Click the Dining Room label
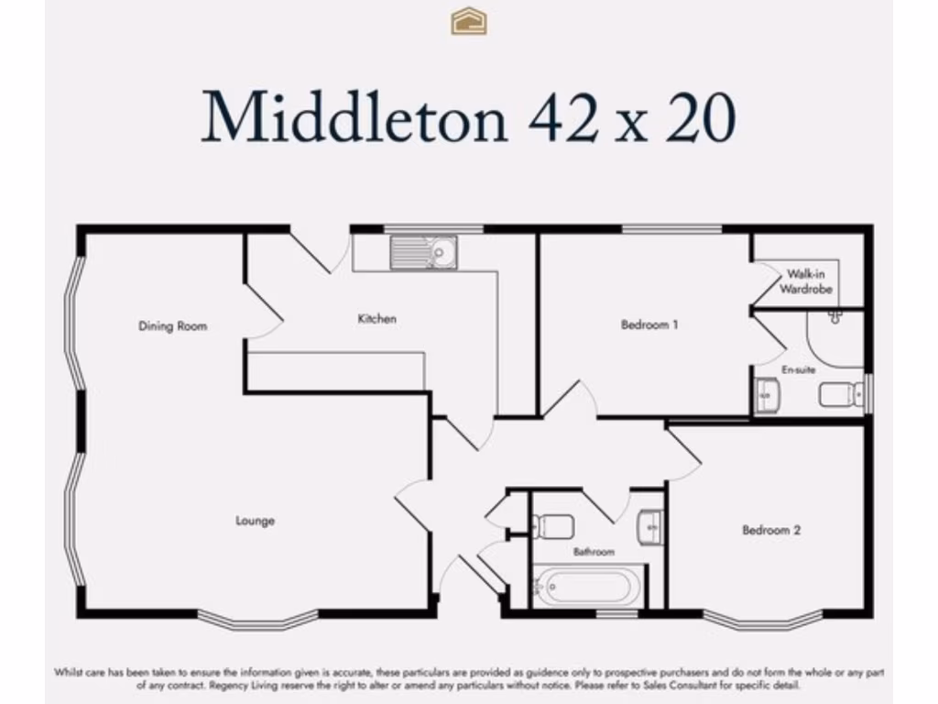click(x=172, y=325)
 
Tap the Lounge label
click(x=255, y=521)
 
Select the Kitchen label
click(x=376, y=319)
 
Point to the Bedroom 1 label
click(x=649, y=324)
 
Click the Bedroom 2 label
click(x=771, y=530)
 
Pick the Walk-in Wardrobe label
click(x=806, y=281)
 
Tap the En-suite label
click(x=798, y=369)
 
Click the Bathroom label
click(x=594, y=552)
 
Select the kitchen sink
click(x=423, y=252)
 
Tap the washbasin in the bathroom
click(x=649, y=527)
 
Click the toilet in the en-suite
click(x=842, y=394)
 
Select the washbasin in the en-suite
click(x=766, y=396)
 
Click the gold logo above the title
click(x=468, y=20)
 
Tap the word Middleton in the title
click(x=354, y=117)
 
